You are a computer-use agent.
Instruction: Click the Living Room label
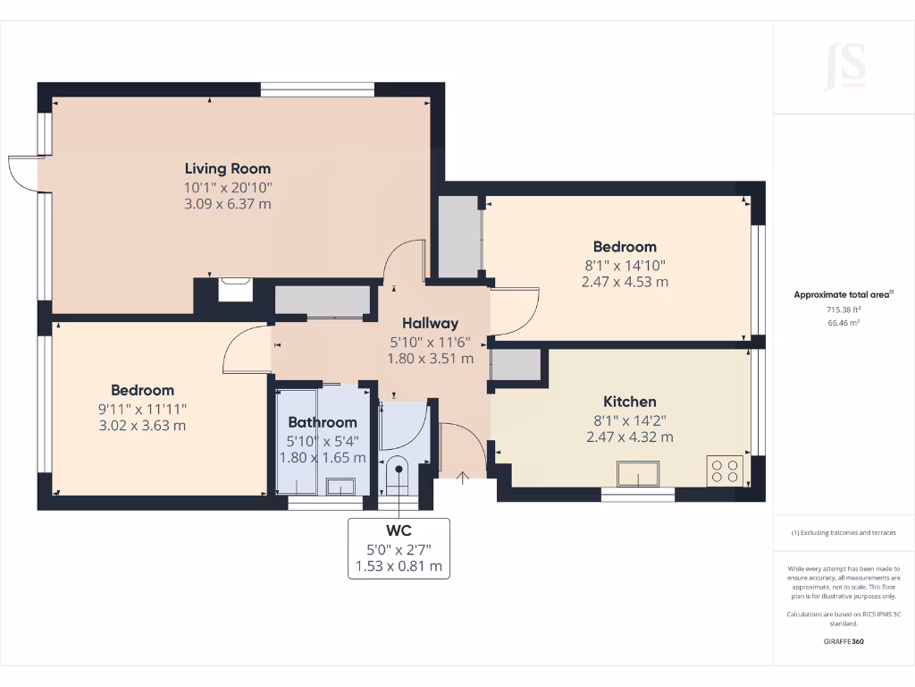point(227,168)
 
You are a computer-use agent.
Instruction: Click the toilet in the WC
point(395,473)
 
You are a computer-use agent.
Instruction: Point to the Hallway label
point(430,324)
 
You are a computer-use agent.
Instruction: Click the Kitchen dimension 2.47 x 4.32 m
point(629,437)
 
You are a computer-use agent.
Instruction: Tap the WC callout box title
point(399,530)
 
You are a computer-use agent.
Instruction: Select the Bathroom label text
point(322,422)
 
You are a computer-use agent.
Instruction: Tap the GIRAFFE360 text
point(844,641)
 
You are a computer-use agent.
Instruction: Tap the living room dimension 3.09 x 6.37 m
point(227,204)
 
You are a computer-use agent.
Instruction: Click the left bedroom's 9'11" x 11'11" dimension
point(143,408)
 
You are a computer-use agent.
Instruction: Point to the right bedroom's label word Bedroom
point(625,247)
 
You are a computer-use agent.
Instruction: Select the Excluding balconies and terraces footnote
point(844,533)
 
